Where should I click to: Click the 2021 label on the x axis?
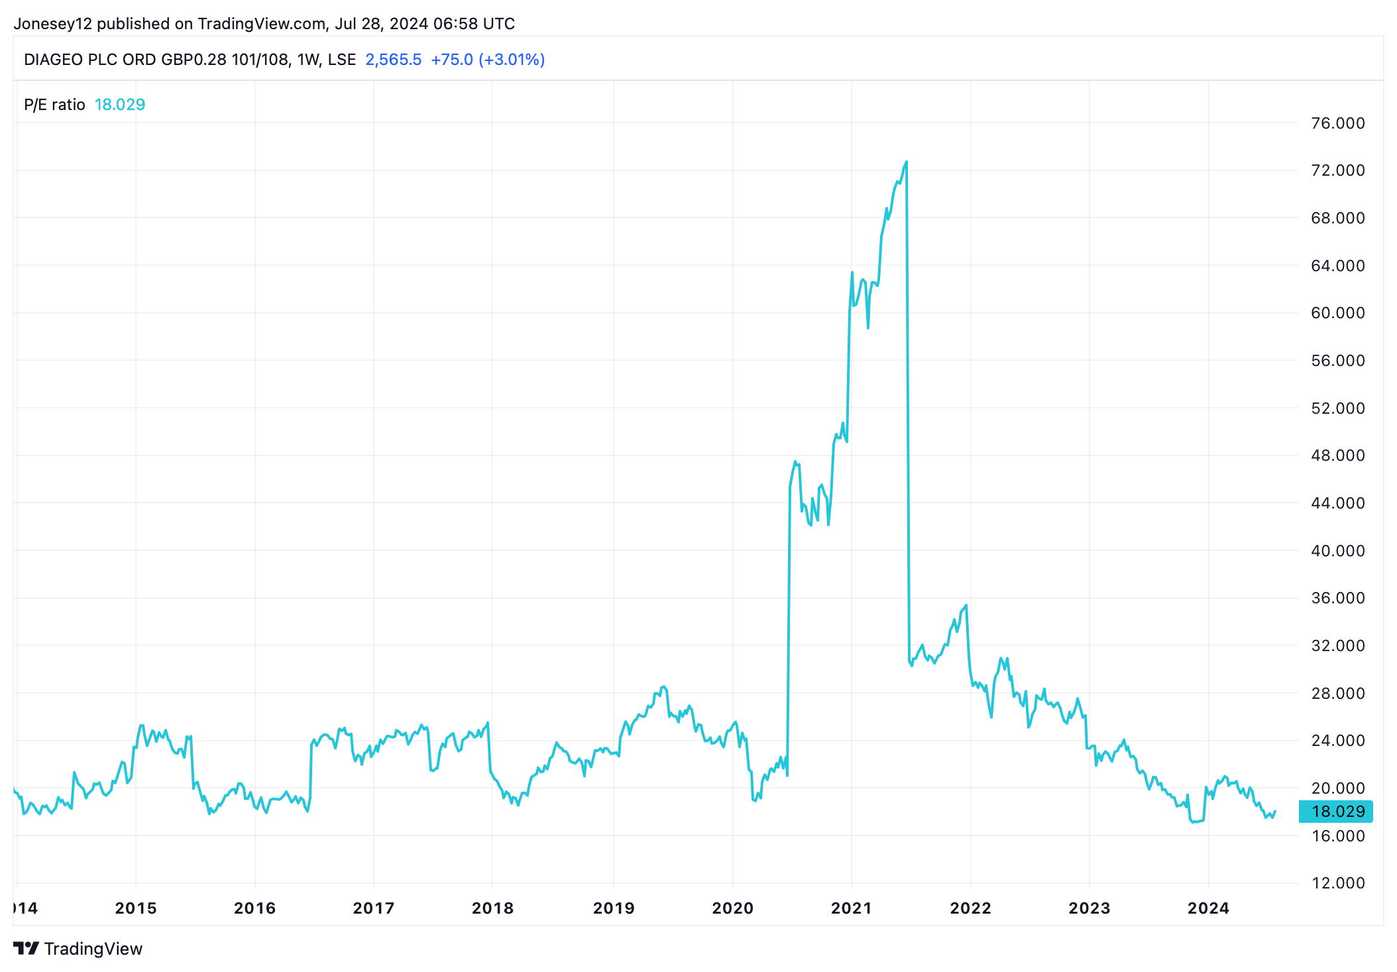pos(852,908)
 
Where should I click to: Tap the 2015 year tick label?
pos(136,908)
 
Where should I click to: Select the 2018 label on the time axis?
pos(492,908)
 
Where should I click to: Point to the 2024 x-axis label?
pos(1208,908)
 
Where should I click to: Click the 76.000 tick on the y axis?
pos(1337,123)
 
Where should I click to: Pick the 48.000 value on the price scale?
pos(1337,456)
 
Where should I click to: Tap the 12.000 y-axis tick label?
pos(1337,883)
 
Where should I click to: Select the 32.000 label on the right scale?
pos(1337,646)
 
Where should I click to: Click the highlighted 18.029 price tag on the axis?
pos(1337,812)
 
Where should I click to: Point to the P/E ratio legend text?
pos(54,105)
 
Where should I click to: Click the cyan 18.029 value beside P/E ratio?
pos(120,105)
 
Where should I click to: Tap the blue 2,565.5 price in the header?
pos(393,60)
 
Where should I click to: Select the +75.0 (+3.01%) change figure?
pos(488,60)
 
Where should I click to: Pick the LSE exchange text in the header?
pos(342,60)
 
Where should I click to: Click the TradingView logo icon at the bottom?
pos(26,948)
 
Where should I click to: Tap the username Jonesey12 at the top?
pos(54,24)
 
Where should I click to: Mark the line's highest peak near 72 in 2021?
pos(906,162)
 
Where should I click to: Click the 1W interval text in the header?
pos(308,60)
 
